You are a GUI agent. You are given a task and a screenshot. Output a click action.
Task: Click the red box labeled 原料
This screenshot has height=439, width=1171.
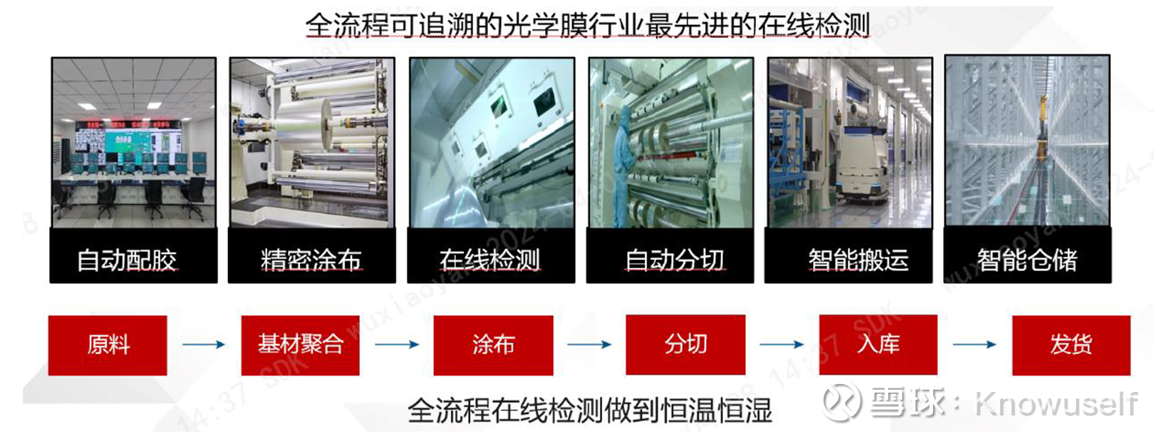pyautogui.click(x=108, y=345)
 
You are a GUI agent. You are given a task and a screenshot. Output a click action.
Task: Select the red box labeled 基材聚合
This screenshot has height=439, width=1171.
pyautogui.click(x=300, y=345)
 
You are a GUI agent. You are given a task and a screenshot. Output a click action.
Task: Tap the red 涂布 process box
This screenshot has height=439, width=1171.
pyautogui.click(x=493, y=345)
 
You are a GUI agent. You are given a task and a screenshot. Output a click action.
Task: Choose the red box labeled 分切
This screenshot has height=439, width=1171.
pyautogui.click(x=685, y=345)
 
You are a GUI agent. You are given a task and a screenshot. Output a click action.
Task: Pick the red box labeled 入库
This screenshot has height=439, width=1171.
pyautogui.click(x=878, y=345)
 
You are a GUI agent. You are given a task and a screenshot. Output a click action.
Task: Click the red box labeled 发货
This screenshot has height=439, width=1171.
pyautogui.click(x=1071, y=345)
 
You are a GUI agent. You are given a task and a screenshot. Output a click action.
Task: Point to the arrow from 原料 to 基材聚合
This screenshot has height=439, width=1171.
pyautogui.click(x=204, y=345)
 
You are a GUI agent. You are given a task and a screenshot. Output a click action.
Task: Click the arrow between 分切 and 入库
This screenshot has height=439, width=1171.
pyautogui.click(x=782, y=345)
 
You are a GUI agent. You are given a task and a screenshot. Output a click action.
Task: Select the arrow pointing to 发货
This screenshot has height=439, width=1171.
pyautogui.click(x=975, y=345)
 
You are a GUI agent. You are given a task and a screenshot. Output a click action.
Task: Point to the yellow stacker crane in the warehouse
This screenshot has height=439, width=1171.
pyautogui.click(x=1042, y=131)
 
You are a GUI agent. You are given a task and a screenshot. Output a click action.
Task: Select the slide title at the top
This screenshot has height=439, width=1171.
pyautogui.click(x=587, y=25)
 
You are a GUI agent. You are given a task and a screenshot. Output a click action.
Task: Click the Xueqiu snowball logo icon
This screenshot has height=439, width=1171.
pyautogui.click(x=841, y=401)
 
